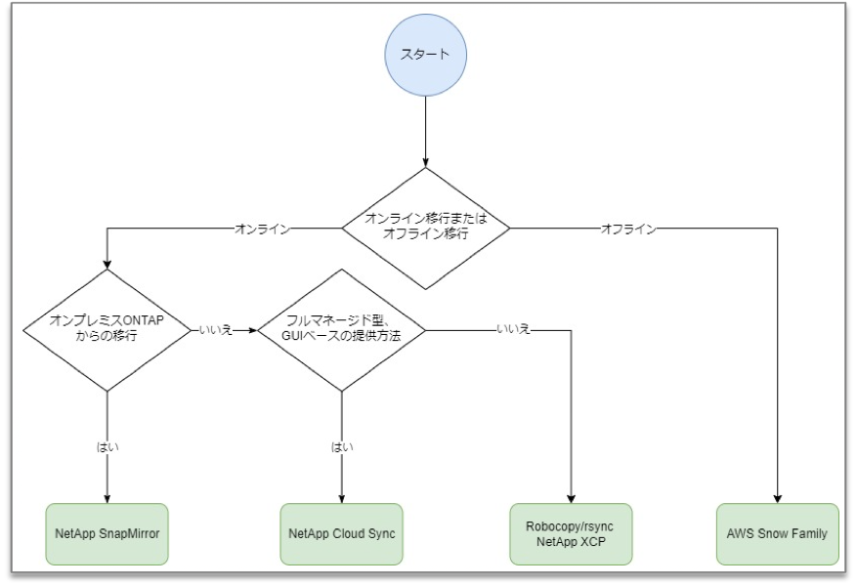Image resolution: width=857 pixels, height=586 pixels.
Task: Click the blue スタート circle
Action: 426,54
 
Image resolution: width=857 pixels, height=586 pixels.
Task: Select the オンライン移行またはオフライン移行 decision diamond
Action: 426,229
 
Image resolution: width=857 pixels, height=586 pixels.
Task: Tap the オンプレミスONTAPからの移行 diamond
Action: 107,330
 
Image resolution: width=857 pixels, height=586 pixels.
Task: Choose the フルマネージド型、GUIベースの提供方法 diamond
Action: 341,330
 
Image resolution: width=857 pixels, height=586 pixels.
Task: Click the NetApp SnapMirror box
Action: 107,534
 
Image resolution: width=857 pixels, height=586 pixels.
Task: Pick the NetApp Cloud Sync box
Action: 341,534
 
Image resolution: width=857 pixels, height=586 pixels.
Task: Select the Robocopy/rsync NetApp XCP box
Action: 571,534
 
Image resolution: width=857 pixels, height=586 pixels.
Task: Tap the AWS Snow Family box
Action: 777,534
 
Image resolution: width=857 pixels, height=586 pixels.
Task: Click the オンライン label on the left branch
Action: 261,229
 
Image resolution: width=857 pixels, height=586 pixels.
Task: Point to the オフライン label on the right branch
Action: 627,229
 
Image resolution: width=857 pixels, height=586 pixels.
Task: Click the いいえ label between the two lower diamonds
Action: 214,331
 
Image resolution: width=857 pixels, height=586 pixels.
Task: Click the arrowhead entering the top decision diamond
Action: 426,161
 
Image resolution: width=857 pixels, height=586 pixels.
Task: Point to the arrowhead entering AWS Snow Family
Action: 777,498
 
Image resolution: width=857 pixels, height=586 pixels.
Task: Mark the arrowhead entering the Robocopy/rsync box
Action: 571,498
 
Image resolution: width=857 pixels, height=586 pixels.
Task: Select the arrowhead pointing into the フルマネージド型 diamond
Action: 252,331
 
